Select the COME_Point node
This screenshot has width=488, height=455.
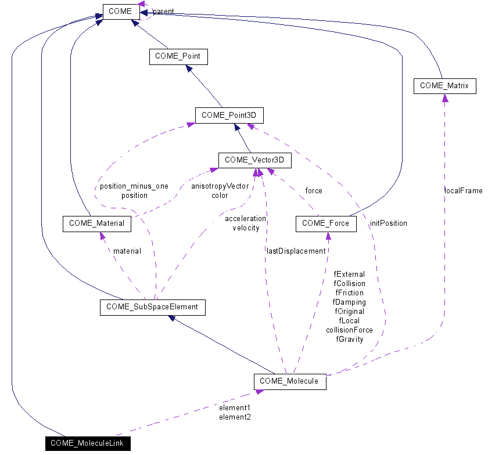[178, 56]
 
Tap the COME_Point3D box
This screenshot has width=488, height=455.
[229, 115]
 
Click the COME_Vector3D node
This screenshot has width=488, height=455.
[254, 160]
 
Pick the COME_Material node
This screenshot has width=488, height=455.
[97, 223]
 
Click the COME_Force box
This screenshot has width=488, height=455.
[326, 223]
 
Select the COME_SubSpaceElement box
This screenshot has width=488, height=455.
[153, 307]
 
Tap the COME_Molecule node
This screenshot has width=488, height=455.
[289, 381]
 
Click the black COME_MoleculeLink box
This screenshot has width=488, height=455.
[88, 443]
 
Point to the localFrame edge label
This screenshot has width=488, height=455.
[463, 191]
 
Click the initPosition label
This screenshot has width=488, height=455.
[388, 223]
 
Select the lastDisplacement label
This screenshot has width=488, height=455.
[296, 251]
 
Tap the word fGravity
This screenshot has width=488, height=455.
[349, 340]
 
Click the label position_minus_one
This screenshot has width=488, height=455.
[134, 186]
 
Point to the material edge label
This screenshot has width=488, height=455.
[127, 251]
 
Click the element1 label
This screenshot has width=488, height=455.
[235, 407]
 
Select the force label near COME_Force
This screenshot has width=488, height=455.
[313, 190]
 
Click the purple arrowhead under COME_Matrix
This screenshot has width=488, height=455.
[445, 98]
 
